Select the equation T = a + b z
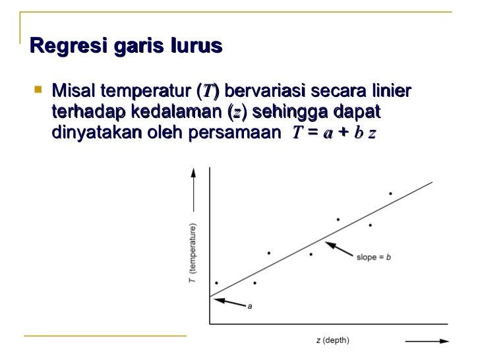pyautogui.click(x=334, y=133)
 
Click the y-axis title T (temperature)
pyautogui.click(x=192, y=255)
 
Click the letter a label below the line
pyautogui.click(x=249, y=306)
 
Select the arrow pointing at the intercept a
pyautogui.click(x=227, y=302)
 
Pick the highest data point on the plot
pyautogui.click(x=390, y=194)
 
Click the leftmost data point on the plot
pyautogui.click(x=216, y=284)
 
